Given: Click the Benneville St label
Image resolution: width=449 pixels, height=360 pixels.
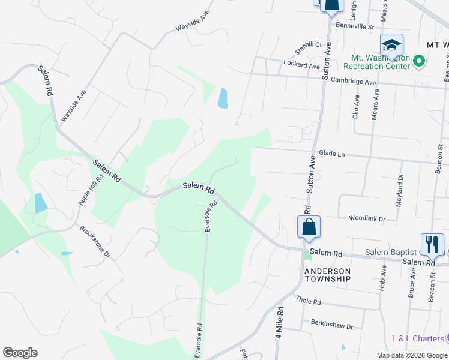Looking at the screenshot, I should point(354,26).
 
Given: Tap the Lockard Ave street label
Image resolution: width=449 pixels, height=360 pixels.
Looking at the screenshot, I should point(302,65).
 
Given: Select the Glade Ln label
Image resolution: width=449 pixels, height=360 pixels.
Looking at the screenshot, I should point(332,154).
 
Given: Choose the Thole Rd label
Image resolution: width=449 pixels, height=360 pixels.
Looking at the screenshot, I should point(309,301).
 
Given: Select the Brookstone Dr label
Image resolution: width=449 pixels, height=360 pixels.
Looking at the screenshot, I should point(95,242).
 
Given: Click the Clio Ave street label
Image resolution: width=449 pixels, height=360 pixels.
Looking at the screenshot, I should point(356,106).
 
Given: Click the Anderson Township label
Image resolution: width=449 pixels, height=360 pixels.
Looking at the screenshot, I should point(327,275).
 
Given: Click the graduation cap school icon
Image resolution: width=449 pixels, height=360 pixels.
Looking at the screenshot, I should point(391,45).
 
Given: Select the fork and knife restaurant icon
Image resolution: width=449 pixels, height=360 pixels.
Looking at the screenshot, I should point(432,244).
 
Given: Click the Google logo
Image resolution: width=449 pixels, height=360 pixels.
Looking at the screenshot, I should point(20,353).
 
